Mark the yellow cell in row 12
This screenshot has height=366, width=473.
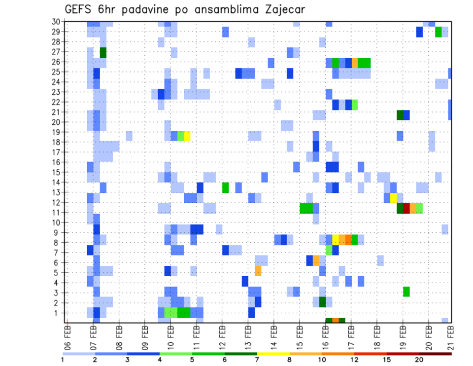tap(393, 198)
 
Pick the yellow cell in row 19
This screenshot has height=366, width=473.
tap(187, 135)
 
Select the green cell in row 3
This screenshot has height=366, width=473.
tap(406, 291)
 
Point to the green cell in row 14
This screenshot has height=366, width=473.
tap(225, 187)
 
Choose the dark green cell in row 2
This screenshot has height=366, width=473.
tap(322, 301)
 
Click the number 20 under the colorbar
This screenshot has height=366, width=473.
tap(419, 360)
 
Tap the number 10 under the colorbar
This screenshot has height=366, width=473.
tap(322, 360)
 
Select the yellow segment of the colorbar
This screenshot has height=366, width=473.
tap(273, 354)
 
